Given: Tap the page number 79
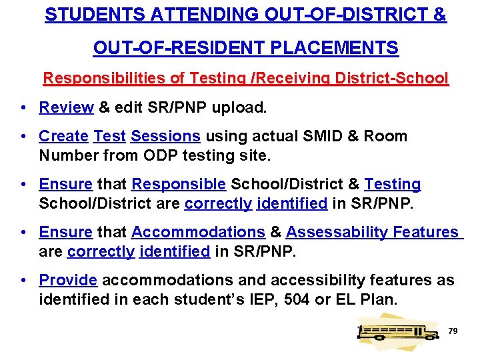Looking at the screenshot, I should tap(453, 331).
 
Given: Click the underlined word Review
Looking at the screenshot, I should tap(66, 107).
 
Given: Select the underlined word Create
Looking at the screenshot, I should tap(63, 137).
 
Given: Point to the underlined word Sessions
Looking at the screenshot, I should tap(165, 137).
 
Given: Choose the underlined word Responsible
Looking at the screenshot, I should tap(179, 185).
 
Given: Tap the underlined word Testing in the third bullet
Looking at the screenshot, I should tap(393, 185).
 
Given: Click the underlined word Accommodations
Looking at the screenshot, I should tap(198, 233).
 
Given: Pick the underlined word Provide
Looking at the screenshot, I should tap(68, 280).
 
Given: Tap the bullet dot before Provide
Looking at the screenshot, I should tap(23, 281).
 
